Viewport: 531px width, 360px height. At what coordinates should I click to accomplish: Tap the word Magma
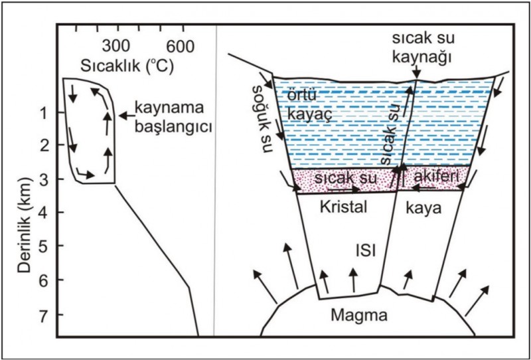point(359,315)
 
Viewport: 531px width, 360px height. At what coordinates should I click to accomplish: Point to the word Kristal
point(343,207)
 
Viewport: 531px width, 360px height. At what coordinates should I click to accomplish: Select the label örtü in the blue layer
point(302,96)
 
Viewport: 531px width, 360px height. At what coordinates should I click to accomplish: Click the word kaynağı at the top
point(423,58)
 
